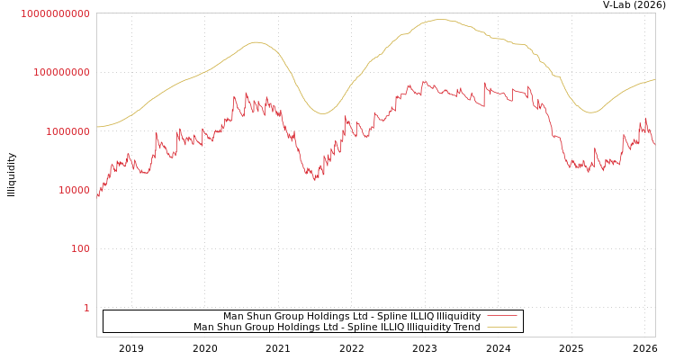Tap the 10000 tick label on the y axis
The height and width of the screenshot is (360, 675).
[x=73, y=190]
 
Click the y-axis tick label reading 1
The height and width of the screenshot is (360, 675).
[x=86, y=308]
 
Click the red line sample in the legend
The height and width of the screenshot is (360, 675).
[x=501, y=316]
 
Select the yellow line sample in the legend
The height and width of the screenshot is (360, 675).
[x=501, y=327]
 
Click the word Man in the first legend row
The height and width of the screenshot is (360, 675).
[x=234, y=316]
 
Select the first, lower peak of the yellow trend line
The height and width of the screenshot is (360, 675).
[x=256, y=42]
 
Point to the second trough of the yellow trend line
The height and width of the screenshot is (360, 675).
[x=590, y=112]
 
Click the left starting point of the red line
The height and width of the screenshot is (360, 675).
[x=97, y=195]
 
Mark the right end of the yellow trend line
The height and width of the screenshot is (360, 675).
[x=654, y=80]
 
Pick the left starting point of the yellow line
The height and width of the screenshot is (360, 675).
[x=97, y=127]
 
